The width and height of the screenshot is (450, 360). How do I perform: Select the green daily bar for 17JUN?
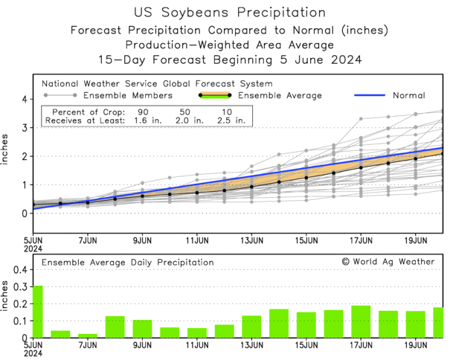point(361,322)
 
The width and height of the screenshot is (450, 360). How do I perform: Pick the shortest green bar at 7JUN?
point(88,335)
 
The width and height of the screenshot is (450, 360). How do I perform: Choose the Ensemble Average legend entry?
point(289,96)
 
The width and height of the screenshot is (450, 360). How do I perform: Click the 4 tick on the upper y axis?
point(24,99)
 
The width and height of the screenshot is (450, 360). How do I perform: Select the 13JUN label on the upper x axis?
point(251,241)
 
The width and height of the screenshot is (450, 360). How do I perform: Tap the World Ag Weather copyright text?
point(388,262)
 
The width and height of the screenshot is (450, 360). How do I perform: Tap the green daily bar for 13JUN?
point(251,327)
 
